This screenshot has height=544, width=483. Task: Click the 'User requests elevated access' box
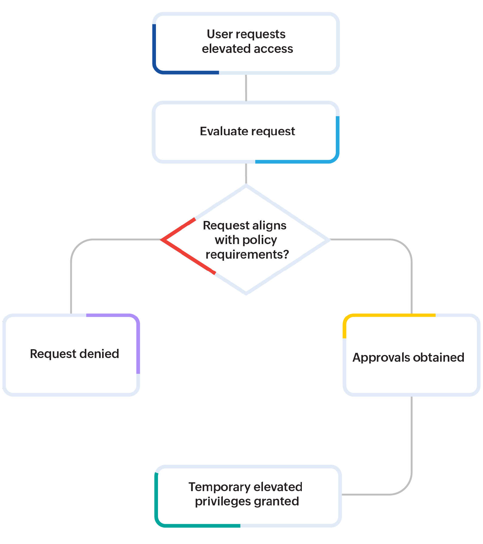pos(246,43)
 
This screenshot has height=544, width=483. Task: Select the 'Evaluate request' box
pos(246,132)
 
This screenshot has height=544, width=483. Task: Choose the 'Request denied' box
pos(71,355)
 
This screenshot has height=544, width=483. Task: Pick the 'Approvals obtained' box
pos(412,355)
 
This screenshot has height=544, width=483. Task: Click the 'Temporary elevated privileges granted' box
pos(248,496)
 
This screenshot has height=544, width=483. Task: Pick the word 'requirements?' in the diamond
pos(247,254)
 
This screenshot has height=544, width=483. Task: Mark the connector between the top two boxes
pos(246,88)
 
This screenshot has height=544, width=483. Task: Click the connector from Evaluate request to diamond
pos(246,174)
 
